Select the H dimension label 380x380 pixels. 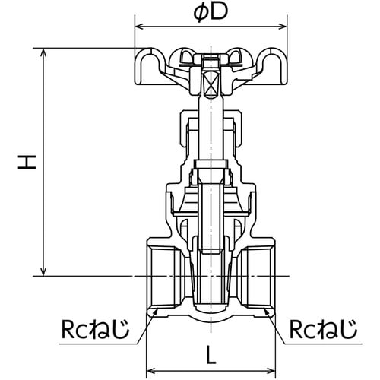(28, 161)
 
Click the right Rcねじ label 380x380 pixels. (322, 330)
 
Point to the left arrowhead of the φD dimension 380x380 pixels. (138, 26)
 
